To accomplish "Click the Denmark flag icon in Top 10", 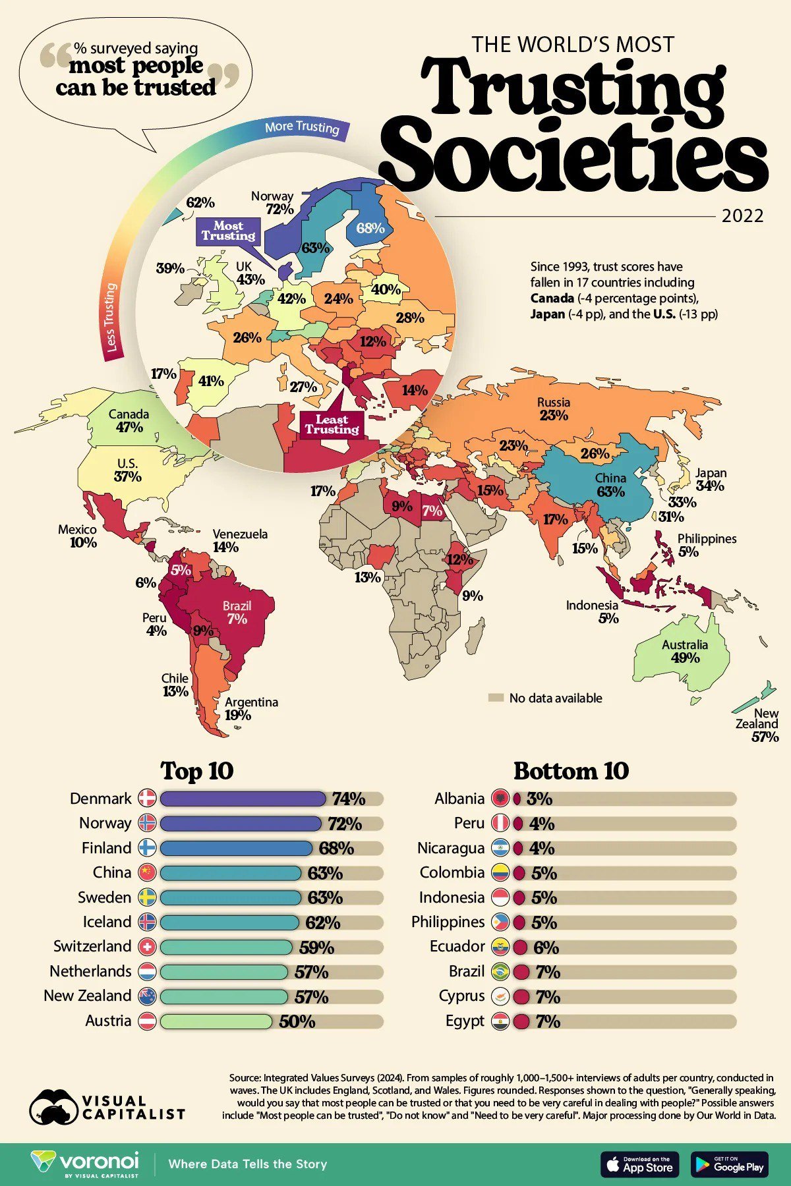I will coord(147,799).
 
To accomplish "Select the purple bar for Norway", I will coord(240,824).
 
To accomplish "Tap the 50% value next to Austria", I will coord(297,1021).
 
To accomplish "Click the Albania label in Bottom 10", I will coord(459,799).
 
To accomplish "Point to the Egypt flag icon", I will coord(501,1021).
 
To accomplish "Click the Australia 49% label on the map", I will coord(685,651).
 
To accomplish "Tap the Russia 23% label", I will coord(553,409).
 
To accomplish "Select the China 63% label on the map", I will coord(610,484).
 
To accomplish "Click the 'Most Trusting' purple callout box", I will coord(228,231).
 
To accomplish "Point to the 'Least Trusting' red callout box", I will coord(332,424).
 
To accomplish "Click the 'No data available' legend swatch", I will coord(496,698).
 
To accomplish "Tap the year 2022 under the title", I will coord(742,216).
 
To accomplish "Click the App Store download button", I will coord(639,1164).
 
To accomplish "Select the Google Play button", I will coord(729,1164).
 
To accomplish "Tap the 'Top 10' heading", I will coord(197,771).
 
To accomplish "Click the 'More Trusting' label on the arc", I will coord(301,127).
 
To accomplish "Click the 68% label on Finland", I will coord(370,228).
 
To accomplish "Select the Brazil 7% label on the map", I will coord(237,612).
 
